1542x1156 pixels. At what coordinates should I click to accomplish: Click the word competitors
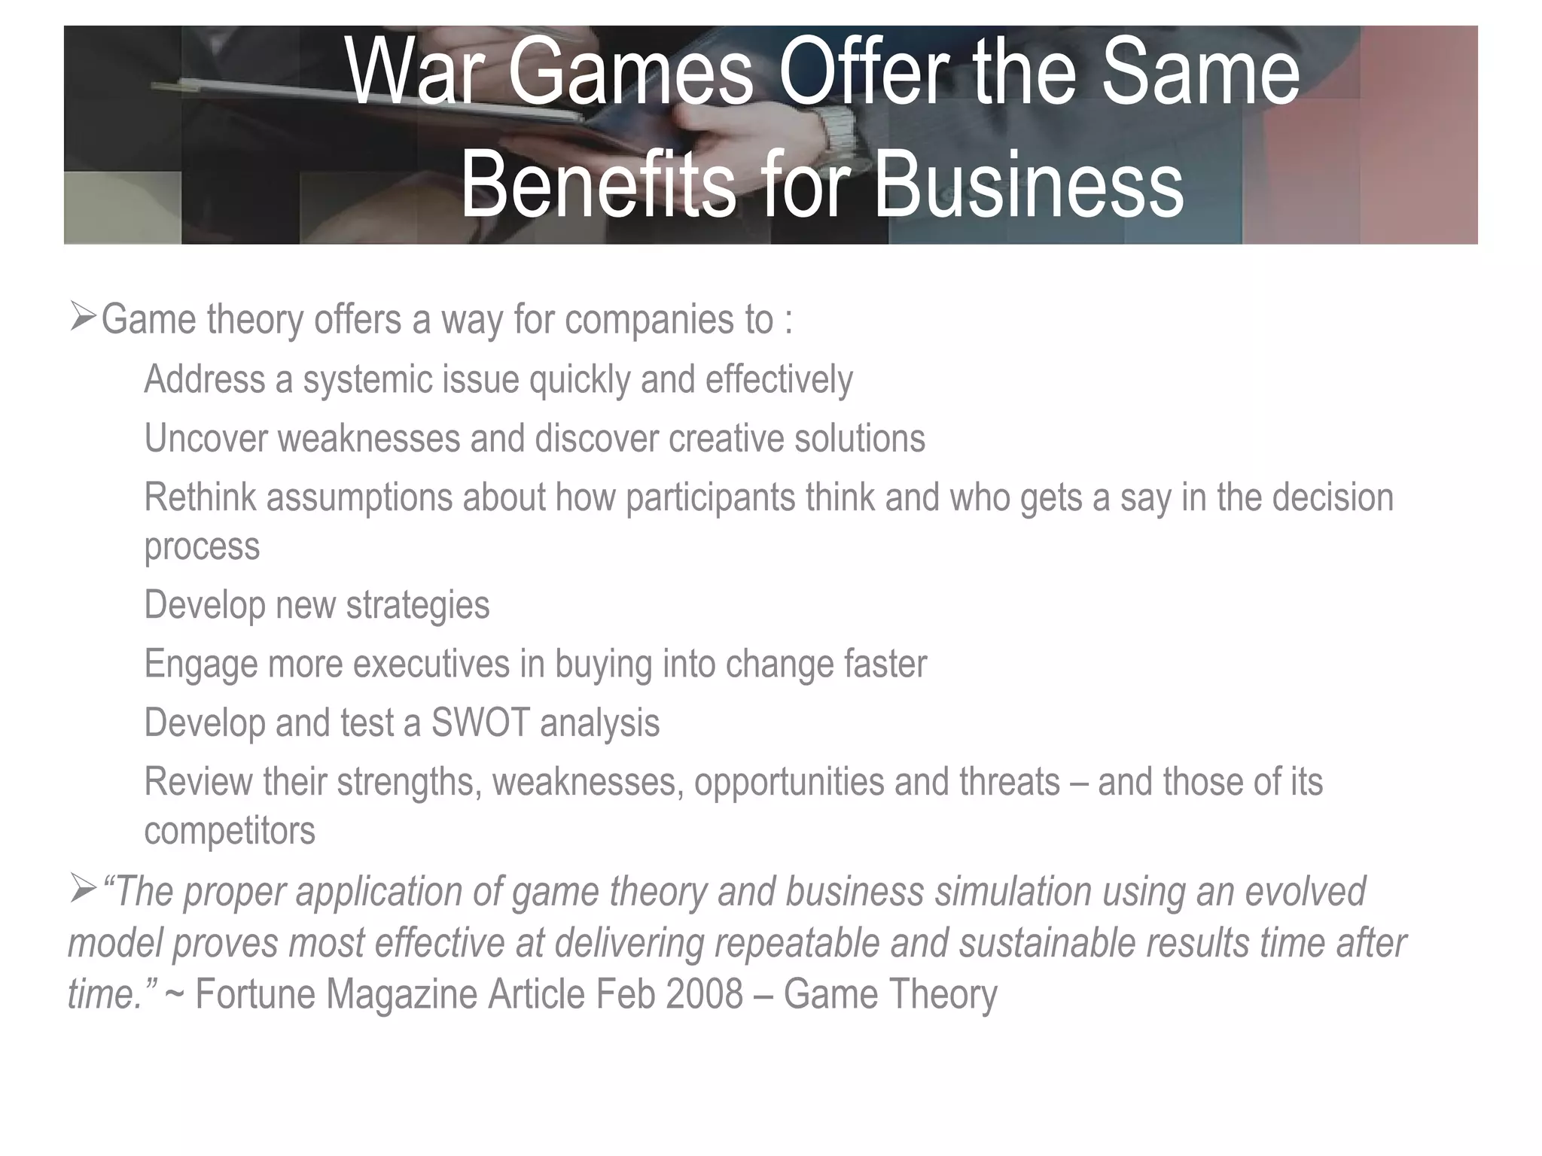point(230,830)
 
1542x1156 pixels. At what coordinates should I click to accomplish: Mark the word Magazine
point(402,994)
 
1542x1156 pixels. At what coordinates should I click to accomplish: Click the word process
point(202,546)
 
